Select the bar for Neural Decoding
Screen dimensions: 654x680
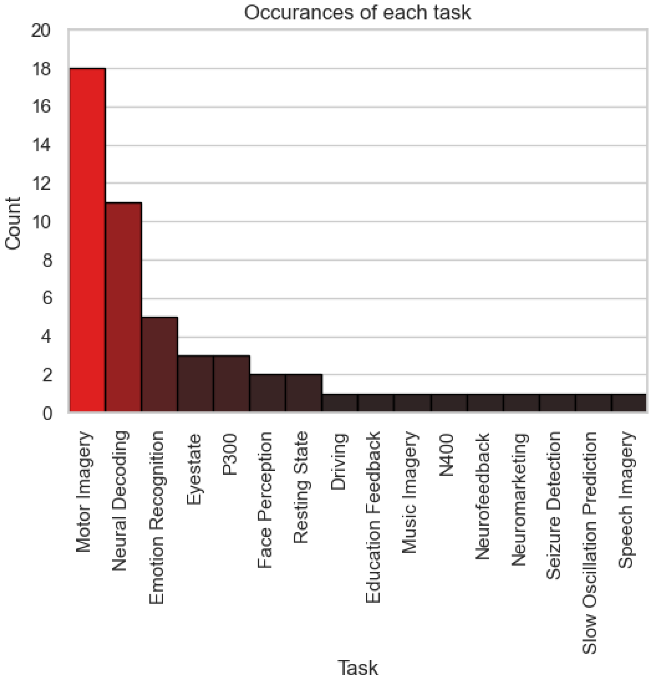123,307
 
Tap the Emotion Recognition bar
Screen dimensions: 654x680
160,364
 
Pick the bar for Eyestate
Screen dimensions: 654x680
196,383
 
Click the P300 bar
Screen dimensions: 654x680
232,383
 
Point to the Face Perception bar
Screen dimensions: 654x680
268,393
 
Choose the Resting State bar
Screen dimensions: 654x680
304,393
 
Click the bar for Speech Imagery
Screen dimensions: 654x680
629,402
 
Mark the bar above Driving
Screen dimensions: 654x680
340,402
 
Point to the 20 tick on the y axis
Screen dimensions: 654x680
41,30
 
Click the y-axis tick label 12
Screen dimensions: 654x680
41,184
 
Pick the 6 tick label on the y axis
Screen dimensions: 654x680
47,298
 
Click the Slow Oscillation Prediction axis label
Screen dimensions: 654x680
590,542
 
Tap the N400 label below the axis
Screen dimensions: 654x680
447,455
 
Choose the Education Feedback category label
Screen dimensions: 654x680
373,517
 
